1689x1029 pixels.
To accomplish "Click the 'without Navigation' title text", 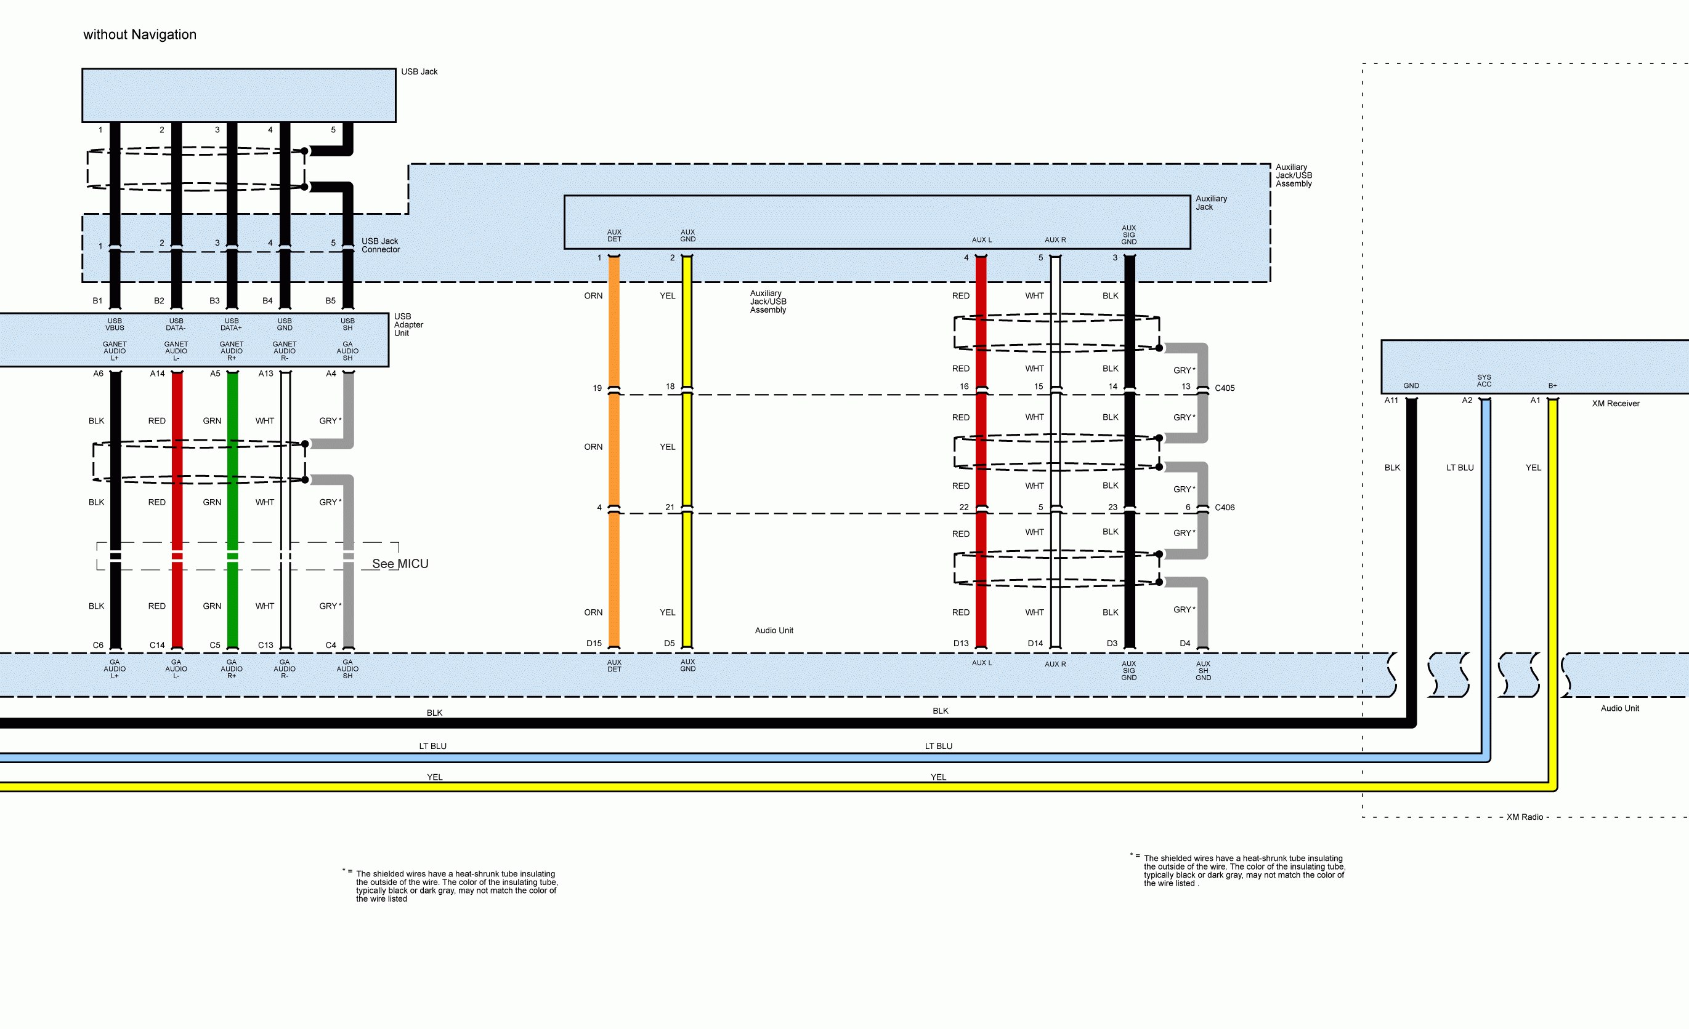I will [x=139, y=34].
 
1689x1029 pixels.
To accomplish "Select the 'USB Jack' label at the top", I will [x=419, y=71].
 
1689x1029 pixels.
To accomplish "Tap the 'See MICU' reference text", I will [x=400, y=563].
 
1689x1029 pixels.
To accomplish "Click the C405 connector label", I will [x=1225, y=388].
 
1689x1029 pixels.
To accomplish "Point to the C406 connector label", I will [x=1225, y=508].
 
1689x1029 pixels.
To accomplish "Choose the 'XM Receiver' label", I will [x=1615, y=404].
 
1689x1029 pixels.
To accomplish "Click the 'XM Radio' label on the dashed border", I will [x=1525, y=817].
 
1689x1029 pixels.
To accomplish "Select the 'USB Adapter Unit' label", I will [x=408, y=325].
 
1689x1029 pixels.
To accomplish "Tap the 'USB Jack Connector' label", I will [x=381, y=246].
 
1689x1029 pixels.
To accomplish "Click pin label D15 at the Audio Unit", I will [x=594, y=643].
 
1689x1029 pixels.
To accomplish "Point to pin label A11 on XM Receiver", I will [x=1391, y=401].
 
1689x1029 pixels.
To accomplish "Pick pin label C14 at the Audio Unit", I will [x=157, y=645].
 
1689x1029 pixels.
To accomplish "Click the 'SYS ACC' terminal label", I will [x=1484, y=381].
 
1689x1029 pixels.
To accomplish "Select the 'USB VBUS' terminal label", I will [x=115, y=324].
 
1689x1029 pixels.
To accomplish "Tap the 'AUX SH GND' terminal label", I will [x=1203, y=671].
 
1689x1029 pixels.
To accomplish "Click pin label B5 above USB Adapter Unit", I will [x=330, y=301].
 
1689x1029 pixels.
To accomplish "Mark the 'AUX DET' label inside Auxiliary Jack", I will [x=614, y=236].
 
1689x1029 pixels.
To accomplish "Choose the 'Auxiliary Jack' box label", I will [x=1211, y=203].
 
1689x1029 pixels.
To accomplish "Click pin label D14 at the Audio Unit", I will [x=1035, y=643].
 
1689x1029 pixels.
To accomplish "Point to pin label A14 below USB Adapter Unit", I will [x=157, y=374].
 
